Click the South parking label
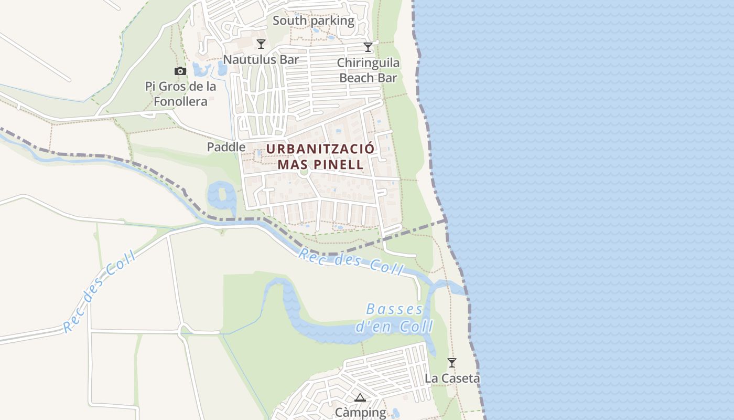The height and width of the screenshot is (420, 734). (x=314, y=21)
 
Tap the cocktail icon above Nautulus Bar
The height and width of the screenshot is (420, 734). (x=261, y=44)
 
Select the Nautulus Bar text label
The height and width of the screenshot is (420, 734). (x=261, y=59)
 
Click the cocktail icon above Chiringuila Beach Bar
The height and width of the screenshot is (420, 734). (x=368, y=47)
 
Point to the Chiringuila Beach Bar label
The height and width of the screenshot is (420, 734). (x=368, y=70)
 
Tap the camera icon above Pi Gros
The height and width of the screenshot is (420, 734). (x=180, y=71)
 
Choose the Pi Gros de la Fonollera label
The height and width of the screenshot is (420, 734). (x=180, y=94)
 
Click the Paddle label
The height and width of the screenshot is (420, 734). (x=226, y=147)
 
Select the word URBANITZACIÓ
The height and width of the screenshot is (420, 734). (x=320, y=149)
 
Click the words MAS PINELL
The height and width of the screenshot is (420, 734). (x=320, y=164)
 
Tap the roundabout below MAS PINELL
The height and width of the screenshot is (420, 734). (x=304, y=172)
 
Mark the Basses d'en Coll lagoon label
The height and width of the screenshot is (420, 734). (x=394, y=318)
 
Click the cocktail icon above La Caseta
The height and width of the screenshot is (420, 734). (x=451, y=362)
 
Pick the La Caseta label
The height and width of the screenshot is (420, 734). (x=452, y=378)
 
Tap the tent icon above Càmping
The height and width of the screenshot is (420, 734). (x=360, y=397)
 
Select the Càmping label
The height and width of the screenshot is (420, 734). (x=360, y=413)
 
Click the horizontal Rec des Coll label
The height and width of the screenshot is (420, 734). (x=350, y=261)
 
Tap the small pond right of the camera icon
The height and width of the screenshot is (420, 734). (x=201, y=69)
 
